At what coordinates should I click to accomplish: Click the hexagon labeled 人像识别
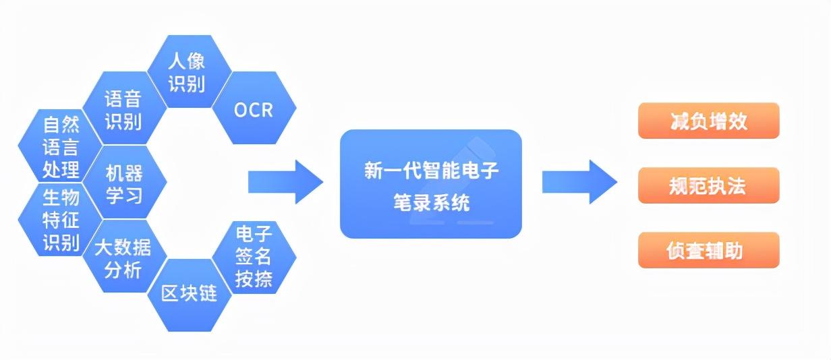coord(190,71)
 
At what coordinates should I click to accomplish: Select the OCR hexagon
coord(254,108)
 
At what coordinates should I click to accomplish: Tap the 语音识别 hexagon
coord(125,108)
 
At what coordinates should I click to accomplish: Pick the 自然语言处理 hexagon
coord(60,146)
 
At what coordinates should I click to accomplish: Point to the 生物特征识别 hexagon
coord(60,220)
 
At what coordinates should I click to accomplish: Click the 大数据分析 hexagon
coord(125,256)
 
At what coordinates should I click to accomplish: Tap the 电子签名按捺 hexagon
coord(254,258)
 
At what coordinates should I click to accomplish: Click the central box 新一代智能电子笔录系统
coord(431,184)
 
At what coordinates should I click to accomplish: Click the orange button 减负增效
coord(708,121)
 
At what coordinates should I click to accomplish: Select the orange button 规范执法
coord(708,185)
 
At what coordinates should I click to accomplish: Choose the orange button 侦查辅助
coord(708,250)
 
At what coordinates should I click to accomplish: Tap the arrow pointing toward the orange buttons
coord(580,182)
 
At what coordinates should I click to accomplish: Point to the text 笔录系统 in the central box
coord(432,202)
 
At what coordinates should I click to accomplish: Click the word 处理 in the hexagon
coord(61,170)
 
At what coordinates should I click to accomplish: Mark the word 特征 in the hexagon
coord(61,220)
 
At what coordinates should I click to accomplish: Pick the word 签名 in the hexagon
coord(254,256)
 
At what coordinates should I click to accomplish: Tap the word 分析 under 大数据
coord(123,270)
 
